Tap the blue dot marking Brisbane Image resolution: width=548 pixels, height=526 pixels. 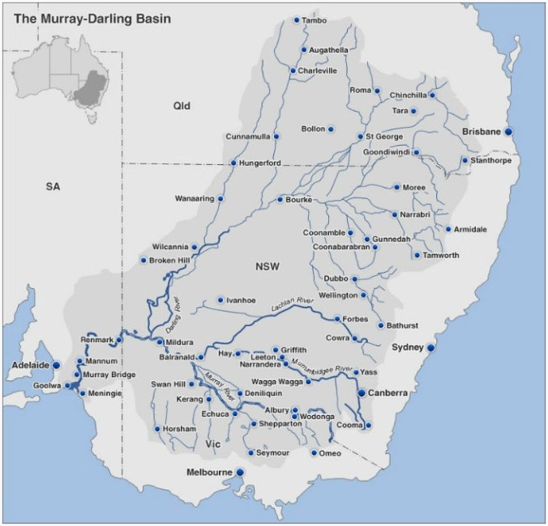point(509,131)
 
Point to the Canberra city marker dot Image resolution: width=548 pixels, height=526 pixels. point(361,393)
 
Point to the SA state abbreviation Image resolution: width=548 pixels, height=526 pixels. point(54,187)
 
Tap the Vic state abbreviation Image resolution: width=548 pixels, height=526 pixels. point(213,444)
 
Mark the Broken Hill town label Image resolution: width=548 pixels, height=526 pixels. point(173,261)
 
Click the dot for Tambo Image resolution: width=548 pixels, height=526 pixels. point(296,19)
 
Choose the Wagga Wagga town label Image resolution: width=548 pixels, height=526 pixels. point(278,380)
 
